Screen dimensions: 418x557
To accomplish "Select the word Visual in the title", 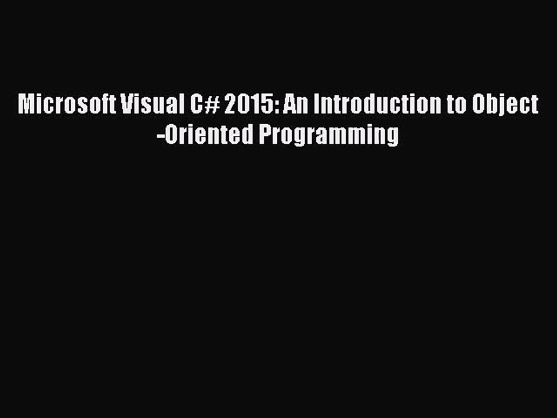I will pyautogui.click(x=150, y=105).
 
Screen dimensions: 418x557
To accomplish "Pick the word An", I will pyautogui.click(x=294, y=105).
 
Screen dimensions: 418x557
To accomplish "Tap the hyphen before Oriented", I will pyautogui.click(x=160, y=136).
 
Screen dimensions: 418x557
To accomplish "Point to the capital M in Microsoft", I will pyautogui.click(x=26, y=105).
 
